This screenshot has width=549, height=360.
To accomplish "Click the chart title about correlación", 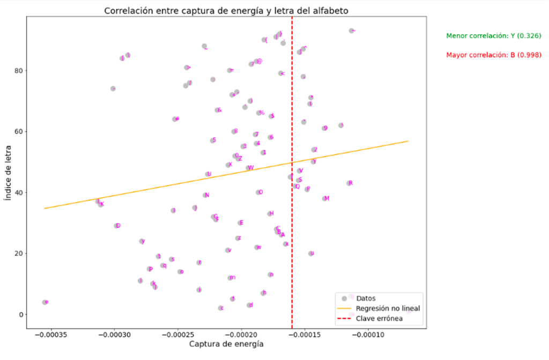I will coord(226,10).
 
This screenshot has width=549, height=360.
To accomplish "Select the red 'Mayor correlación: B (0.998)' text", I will coord(493,55).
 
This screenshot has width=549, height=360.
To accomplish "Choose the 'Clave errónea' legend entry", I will coord(379,319).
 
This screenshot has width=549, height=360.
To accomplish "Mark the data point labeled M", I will coord(324,199).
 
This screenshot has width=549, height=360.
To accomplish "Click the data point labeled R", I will coord(348,183).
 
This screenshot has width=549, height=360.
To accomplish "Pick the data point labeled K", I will coord(100,204).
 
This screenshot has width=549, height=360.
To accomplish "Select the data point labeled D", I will coord(116,226).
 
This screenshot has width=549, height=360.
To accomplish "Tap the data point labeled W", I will coord(248,168).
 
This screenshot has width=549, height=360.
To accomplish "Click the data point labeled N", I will coord(205,195).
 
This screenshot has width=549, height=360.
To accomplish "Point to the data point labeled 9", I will coord(324,128).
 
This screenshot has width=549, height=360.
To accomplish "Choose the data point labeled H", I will coord(270,214).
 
